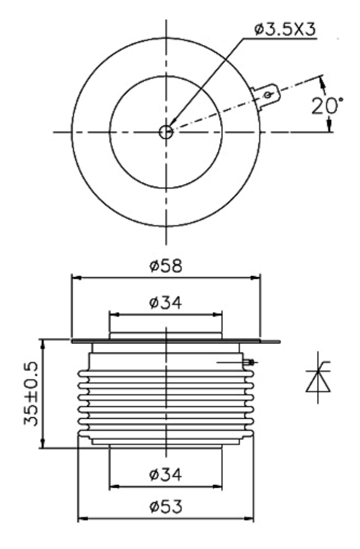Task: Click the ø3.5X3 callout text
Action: pyautogui.click(x=285, y=30)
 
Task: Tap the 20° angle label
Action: pyautogui.click(x=327, y=106)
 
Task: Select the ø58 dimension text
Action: pyautogui.click(x=166, y=266)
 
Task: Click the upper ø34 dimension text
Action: pyautogui.click(x=165, y=303)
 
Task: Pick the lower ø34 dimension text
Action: pyautogui.click(x=165, y=475)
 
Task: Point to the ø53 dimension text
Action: pyautogui.click(x=166, y=507)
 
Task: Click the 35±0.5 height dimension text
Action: pyautogui.click(x=31, y=393)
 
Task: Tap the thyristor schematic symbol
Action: pyautogui.click(x=318, y=378)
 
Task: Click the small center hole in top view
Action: pyautogui.click(x=166, y=132)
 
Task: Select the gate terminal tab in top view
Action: pyautogui.click(x=266, y=95)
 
